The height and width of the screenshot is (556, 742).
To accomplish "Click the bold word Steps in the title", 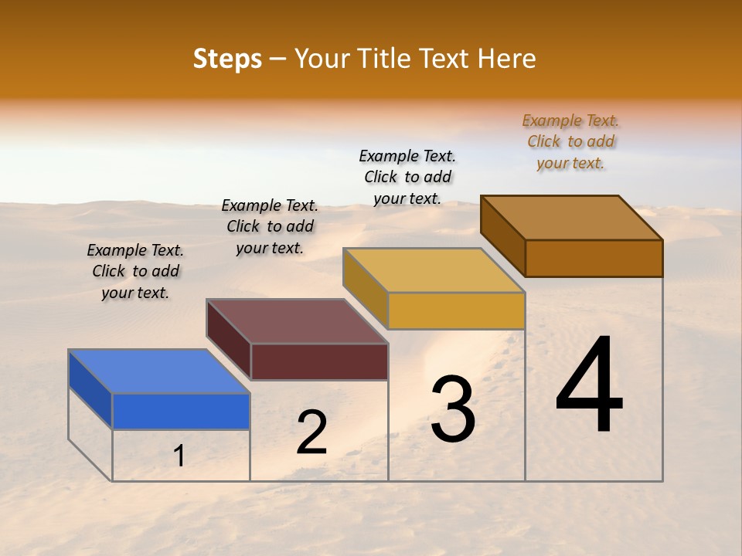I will point(227,59).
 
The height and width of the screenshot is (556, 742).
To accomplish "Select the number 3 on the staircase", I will point(453,409).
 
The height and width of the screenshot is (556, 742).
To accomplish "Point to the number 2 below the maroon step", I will point(311,432).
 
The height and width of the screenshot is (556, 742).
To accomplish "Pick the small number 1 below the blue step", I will point(179,456).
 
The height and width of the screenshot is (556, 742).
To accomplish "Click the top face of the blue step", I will point(158,371).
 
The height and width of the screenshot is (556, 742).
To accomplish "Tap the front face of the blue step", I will point(181,411).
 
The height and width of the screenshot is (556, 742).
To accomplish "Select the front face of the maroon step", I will point(319,361).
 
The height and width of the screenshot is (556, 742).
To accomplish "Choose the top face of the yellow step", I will point(433,270).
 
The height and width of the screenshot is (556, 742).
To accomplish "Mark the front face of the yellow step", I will point(456,310).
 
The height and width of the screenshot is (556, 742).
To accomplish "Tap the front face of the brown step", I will point(594,258).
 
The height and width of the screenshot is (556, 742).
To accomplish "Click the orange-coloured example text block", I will point(570,141).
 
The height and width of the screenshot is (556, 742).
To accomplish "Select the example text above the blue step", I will point(135,271).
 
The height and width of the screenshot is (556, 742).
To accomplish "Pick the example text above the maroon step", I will point(270,226).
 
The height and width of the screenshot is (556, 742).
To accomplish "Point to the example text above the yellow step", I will point(407,177).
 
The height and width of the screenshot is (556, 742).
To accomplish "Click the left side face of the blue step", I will point(90,389).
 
